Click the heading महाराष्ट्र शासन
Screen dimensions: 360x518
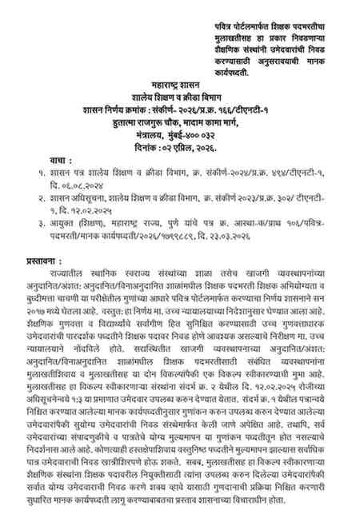pyautogui.click(x=177, y=83)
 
